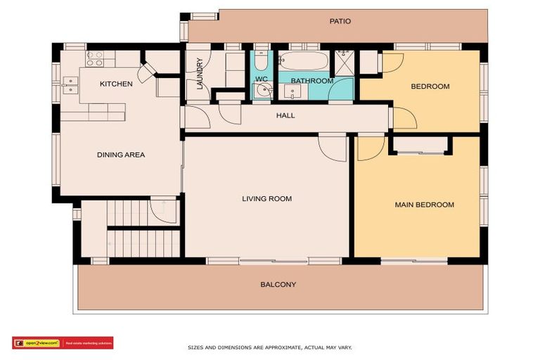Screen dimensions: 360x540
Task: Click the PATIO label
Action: pos(340,21)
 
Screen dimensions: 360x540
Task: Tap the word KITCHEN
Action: pos(116,84)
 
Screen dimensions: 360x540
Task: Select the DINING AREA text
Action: pos(120,155)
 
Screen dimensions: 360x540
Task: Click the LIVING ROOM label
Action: pos(266,199)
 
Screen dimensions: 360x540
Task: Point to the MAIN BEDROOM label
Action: pos(424,205)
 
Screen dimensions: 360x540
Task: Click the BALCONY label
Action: pos(278,285)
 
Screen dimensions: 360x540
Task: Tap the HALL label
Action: pos(285,115)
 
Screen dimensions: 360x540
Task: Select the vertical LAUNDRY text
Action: pos(200,74)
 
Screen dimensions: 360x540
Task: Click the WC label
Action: pos(261,79)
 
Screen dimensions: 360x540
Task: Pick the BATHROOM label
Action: pos(311,81)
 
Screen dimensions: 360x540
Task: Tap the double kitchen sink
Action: pos(70,84)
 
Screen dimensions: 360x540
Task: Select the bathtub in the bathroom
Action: pos(303,60)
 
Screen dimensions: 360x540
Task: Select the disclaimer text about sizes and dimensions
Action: pos(269,347)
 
